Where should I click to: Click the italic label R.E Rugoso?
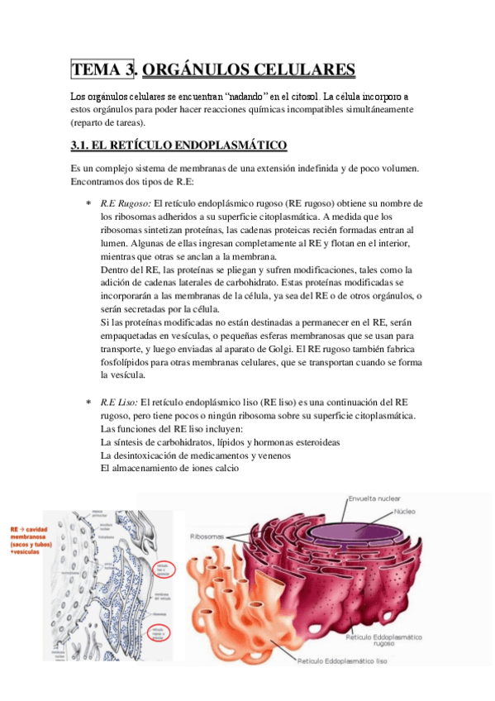126,203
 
